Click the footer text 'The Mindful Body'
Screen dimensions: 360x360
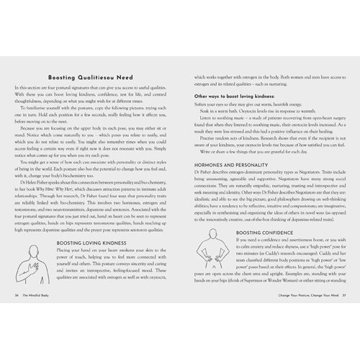[x=37, y=315]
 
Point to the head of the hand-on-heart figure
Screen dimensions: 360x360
[x=31, y=249]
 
